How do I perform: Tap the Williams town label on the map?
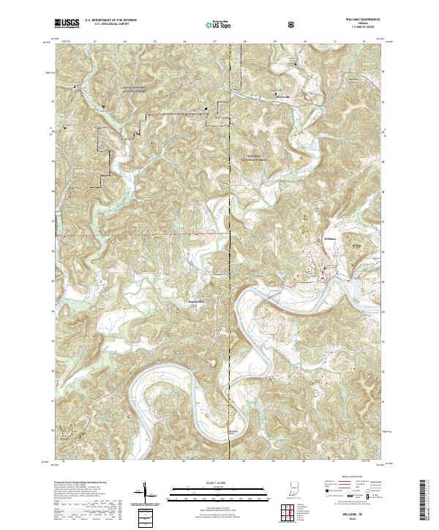pos(330,239)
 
